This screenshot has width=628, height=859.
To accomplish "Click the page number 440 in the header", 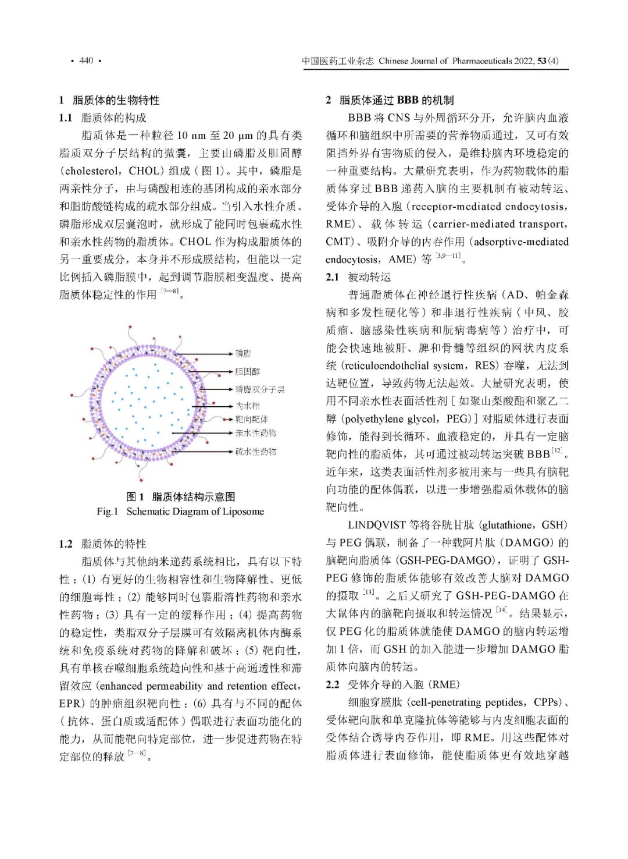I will coord(86,61).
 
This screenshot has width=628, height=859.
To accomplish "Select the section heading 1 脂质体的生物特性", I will coord(109,100).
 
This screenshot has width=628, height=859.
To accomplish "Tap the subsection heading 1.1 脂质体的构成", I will coord(103,118).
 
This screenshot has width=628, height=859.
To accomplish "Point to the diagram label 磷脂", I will coord(244,353).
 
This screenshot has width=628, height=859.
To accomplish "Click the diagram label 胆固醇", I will coord(248,371).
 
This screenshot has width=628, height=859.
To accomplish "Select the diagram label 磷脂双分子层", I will coord(260,389).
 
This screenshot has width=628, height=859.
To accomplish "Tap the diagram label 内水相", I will coord(248,406).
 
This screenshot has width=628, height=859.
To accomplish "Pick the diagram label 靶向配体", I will coord(252,419).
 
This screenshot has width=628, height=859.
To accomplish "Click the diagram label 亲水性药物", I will coord(256,433).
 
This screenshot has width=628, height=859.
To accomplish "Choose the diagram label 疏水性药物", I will coord(256,452).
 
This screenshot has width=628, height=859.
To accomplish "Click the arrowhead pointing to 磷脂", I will coord(232,354).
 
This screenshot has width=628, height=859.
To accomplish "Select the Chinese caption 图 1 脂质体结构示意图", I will coord(181,496).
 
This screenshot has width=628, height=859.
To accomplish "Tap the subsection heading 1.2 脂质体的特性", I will coord(103,544).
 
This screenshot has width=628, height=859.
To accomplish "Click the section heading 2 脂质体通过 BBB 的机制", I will coord(390,100).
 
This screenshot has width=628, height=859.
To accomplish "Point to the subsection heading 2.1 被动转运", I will coord(359,277).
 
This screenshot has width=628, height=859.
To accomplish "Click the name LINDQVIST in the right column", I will coord(376,525).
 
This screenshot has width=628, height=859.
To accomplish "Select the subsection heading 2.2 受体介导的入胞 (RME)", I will coord(392,684).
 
